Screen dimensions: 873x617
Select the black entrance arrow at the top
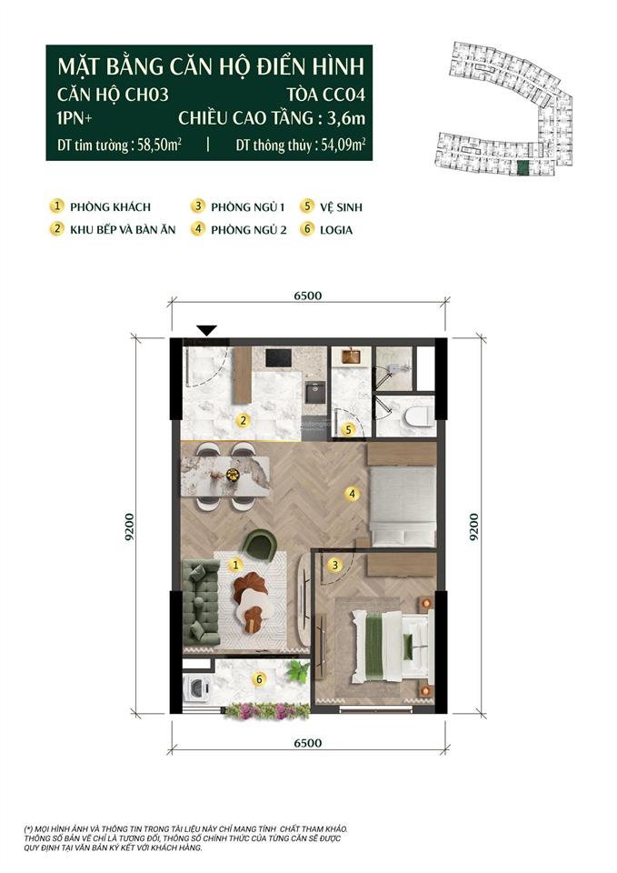pos(207,331)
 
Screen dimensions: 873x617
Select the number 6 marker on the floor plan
pos(260,678)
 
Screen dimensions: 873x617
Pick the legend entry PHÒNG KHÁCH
pos(108,207)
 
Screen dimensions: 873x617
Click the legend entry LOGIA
pos(335,230)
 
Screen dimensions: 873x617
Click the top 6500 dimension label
pos(308,295)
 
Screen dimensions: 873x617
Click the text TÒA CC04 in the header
pos(324,94)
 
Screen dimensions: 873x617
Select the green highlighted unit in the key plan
pos(521,167)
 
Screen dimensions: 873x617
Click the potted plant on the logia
pos(297,672)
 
